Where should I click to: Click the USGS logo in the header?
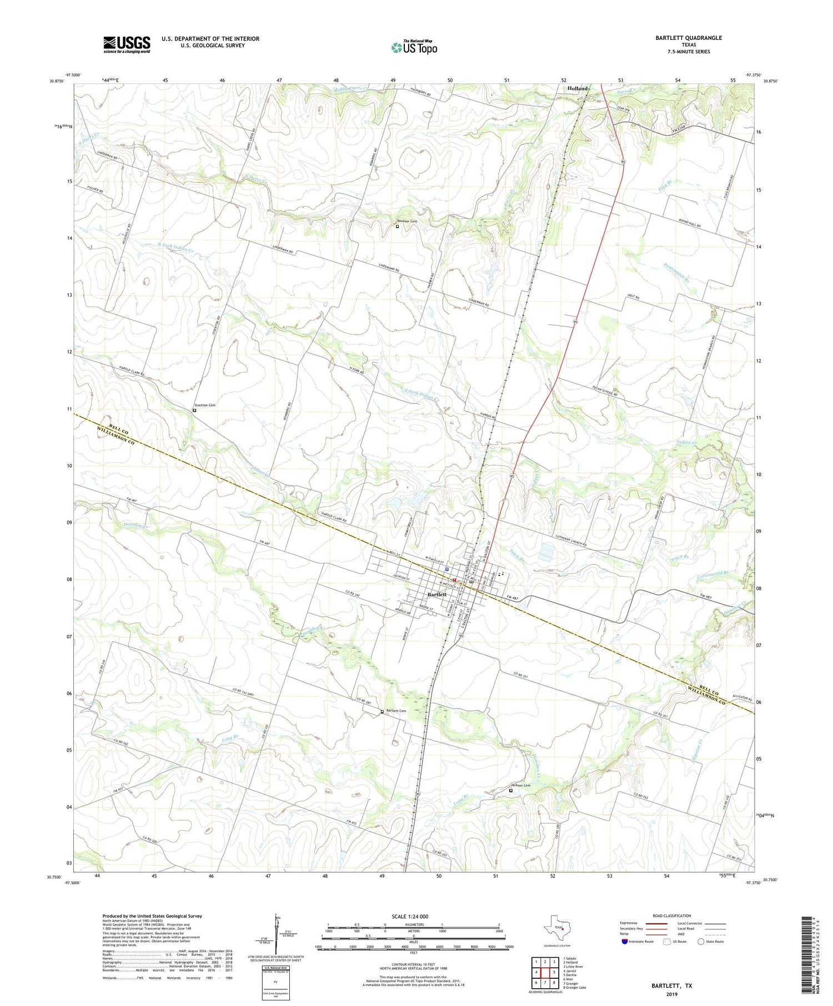127,44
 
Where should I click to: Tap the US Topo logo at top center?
414,47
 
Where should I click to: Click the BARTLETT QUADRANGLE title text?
688,38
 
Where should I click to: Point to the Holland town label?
577,89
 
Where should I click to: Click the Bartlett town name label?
437,594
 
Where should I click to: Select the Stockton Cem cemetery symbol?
194,410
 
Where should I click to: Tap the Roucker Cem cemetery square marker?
397,226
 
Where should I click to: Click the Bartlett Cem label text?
397,711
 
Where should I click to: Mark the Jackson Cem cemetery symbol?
511,791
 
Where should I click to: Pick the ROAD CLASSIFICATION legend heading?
672,916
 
